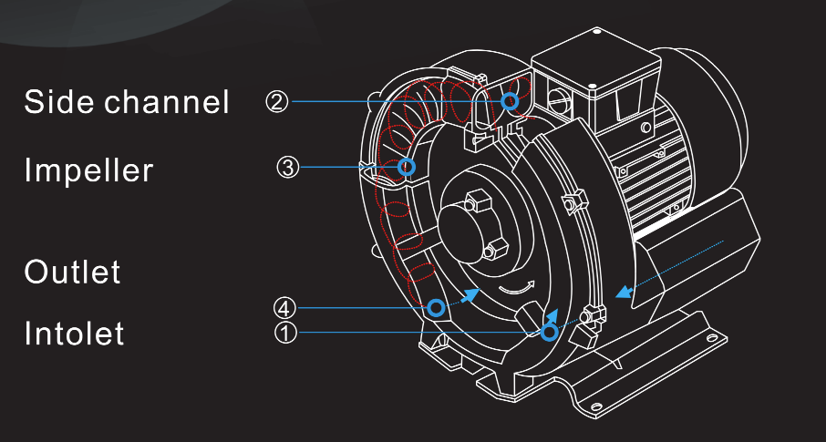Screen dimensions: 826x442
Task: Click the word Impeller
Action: (88, 170)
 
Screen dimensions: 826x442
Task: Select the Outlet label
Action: (72, 272)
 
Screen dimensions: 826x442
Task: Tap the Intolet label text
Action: (74, 333)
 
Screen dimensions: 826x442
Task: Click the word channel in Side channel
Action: (167, 101)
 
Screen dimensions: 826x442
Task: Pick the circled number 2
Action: (277, 102)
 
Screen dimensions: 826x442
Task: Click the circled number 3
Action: (288, 168)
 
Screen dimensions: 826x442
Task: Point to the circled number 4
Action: (284, 308)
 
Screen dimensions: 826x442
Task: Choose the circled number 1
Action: (285, 333)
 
